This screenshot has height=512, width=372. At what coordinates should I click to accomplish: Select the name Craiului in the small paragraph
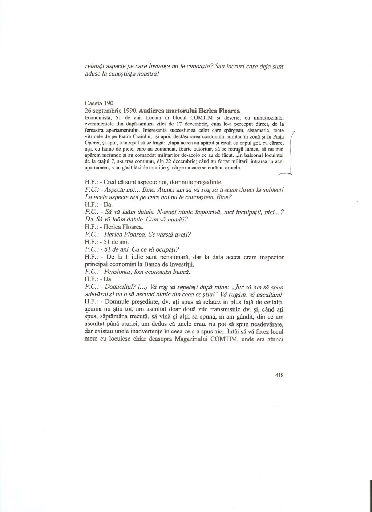(x=138, y=136)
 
